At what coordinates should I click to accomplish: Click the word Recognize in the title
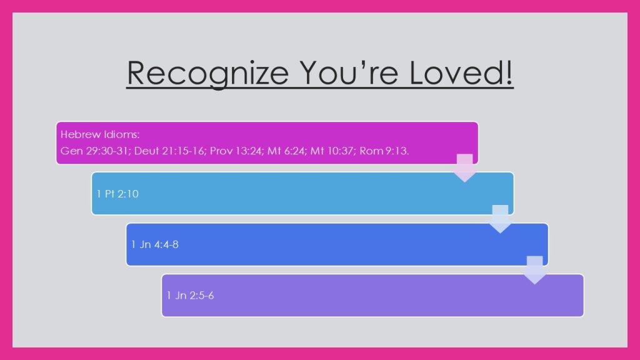pyautogui.click(x=208, y=74)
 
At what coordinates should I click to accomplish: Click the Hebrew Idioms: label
pyautogui.click(x=100, y=134)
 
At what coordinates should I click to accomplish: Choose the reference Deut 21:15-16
pyautogui.click(x=170, y=151)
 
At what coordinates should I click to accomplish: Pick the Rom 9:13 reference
pyautogui.click(x=384, y=151)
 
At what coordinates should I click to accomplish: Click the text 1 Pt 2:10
pyautogui.click(x=117, y=194)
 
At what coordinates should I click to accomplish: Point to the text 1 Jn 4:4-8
pyautogui.click(x=155, y=244)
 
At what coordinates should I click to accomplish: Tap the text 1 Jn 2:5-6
pyautogui.click(x=190, y=296)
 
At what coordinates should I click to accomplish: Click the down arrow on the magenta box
pyautogui.click(x=464, y=167)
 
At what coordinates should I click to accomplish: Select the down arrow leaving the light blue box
pyautogui.click(x=500, y=219)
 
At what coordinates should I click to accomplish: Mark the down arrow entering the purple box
pyautogui.click(x=535, y=270)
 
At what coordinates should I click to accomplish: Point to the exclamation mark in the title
pyautogui.click(x=509, y=72)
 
